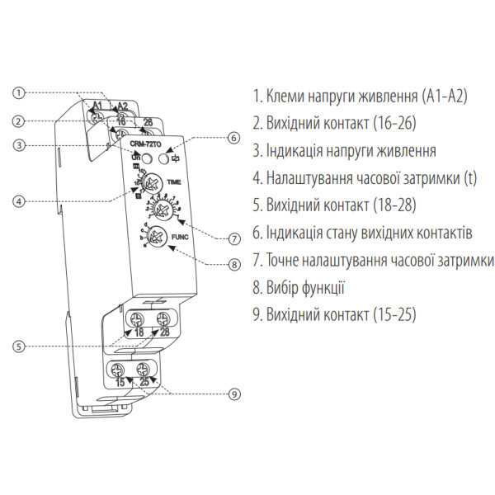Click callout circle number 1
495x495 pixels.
(20, 93)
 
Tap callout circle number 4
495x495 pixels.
(20, 200)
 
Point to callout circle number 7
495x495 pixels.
(233, 239)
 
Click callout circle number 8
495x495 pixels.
(233, 265)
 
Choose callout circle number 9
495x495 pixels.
(233, 394)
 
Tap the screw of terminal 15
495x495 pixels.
(120, 369)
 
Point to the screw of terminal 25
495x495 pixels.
(143, 369)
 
